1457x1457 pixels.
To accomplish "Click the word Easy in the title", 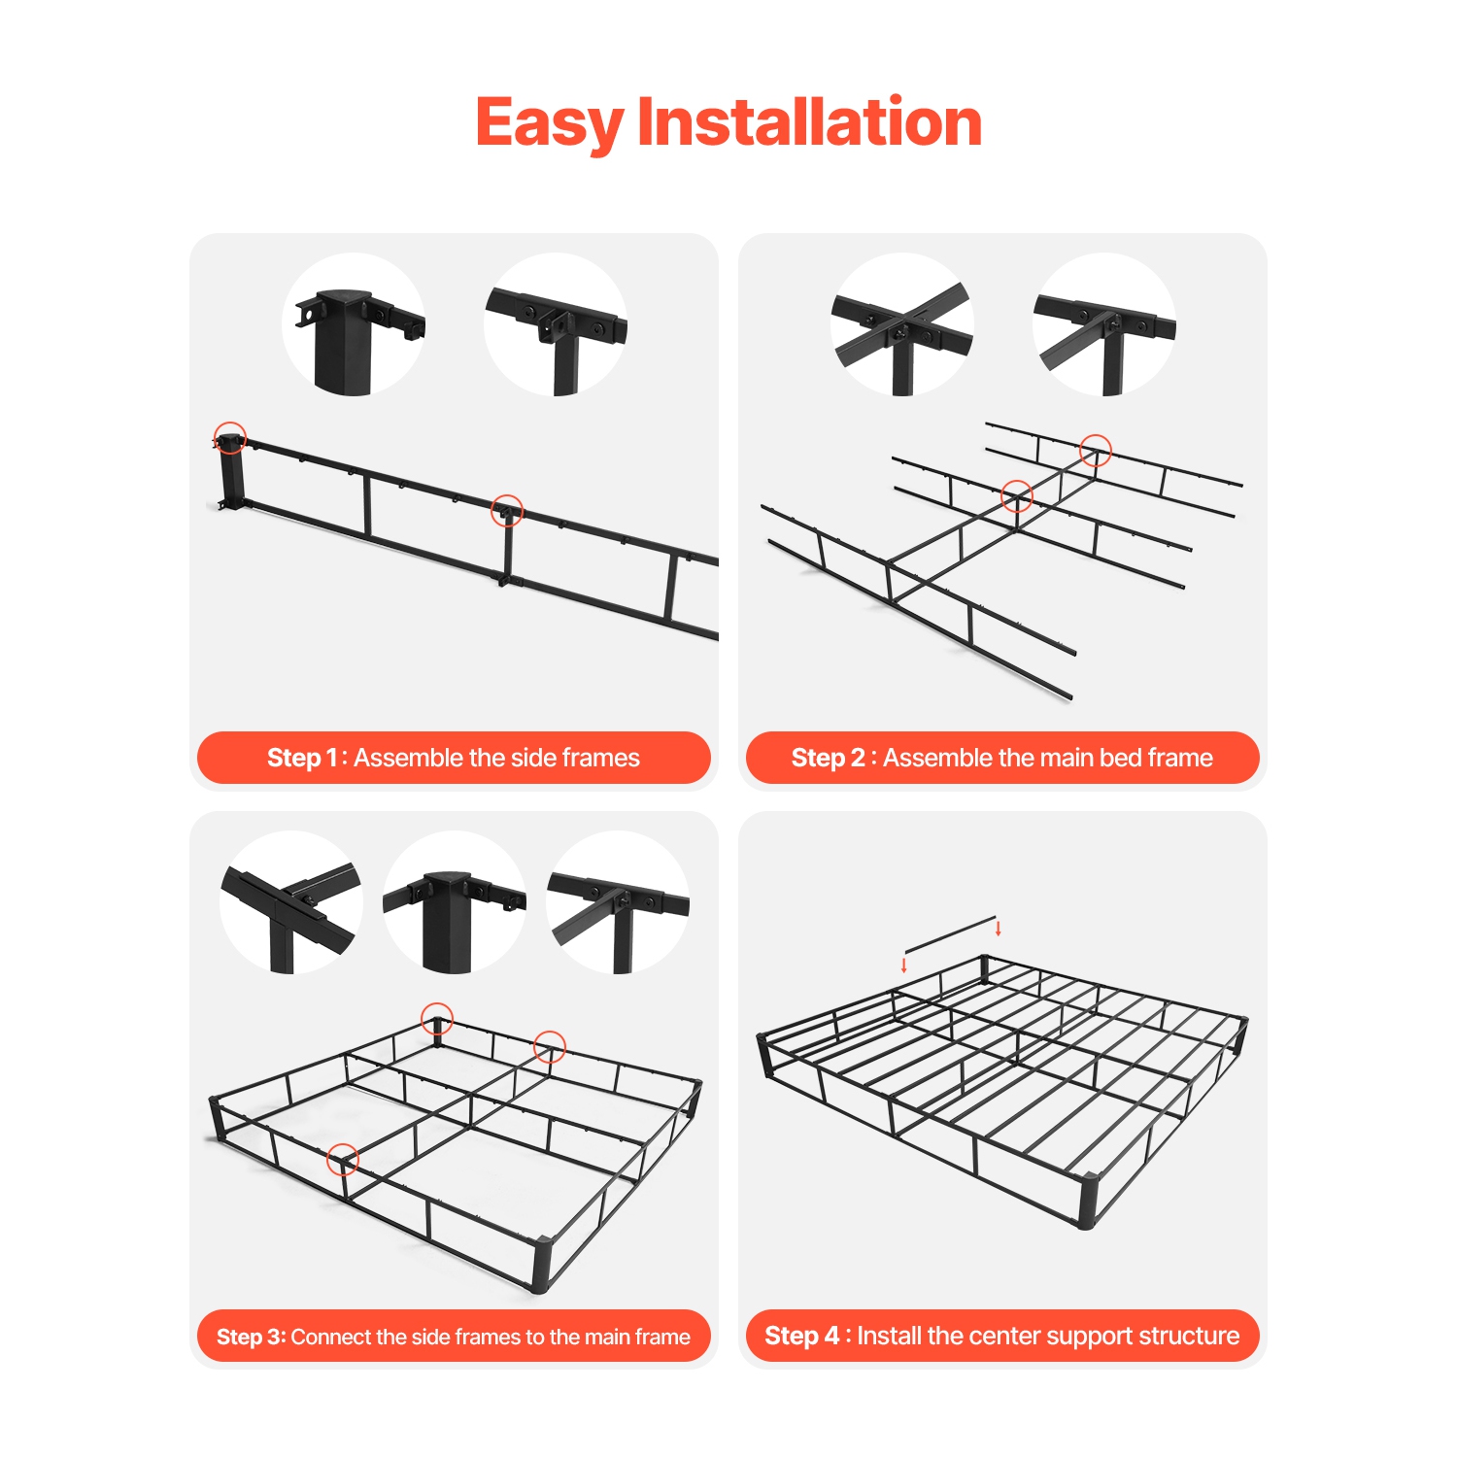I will pyautogui.click(x=550, y=123).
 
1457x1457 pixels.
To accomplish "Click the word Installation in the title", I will pyautogui.click(x=809, y=123).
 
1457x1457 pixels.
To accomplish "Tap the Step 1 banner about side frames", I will pyautogui.click(x=454, y=758).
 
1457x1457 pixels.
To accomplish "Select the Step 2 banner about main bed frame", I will pyautogui.click(x=1002, y=758).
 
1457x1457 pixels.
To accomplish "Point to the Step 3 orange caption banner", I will pyautogui.click(x=454, y=1337).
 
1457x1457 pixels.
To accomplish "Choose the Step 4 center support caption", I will pyautogui.click(x=1002, y=1337).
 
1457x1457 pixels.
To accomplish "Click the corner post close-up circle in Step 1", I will pyautogui.click(x=354, y=324).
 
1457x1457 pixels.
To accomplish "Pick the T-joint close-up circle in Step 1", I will pyautogui.click(x=556, y=324).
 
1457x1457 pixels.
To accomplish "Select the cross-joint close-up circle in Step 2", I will pyautogui.click(x=901, y=324).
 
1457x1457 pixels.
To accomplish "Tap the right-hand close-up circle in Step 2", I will pyautogui.click(x=1104, y=324).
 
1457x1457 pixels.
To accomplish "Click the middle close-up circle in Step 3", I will pyautogui.click(x=455, y=903).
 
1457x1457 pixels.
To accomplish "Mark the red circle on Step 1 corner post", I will pyautogui.click(x=230, y=438).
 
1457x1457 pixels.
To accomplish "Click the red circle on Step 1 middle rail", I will pyautogui.click(x=507, y=510).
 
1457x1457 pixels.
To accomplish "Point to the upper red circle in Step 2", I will pyautogui.click(x=1096, y=450).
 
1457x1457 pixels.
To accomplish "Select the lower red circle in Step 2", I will pyautogui.click(x=1017, y=496).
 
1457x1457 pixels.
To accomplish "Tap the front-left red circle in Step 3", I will pyautogui.click(x=343, y=1159).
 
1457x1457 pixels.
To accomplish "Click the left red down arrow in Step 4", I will pyautogui.click(x=904, y=965).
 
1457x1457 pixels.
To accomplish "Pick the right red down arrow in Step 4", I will pyautogui.click(x=999, y=929).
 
